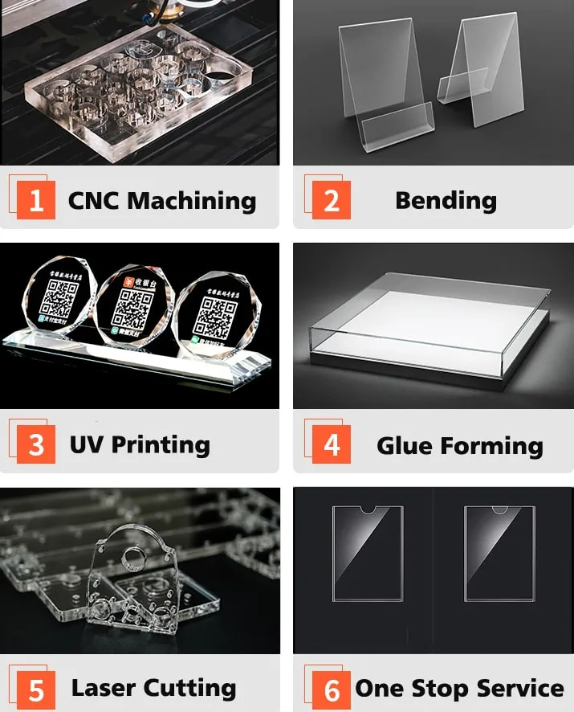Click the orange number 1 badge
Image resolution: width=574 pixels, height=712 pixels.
(x=36, y=200)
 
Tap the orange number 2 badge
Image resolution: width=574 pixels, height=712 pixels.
(x=332, y=200)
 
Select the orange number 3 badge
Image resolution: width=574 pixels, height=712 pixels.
(x=36, y=444)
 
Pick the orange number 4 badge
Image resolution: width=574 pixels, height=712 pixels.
(x=332, y=444)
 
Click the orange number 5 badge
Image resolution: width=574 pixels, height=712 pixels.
(x=36, y=689)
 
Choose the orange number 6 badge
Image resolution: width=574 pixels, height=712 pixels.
(x=332, y=689)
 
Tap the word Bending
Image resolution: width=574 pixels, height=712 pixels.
(x=446, y=201)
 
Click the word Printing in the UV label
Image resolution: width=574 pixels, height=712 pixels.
(x=161, y=444)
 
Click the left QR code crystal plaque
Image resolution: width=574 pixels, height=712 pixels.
(x=58, y=301)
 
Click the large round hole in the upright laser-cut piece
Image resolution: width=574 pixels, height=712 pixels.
(x=132, y=554)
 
